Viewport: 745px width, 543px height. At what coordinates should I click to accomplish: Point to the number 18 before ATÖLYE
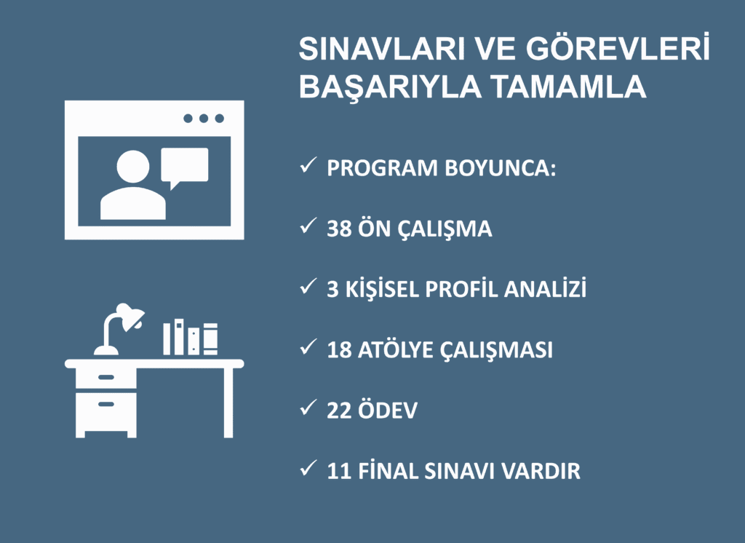click(x=339, y=350)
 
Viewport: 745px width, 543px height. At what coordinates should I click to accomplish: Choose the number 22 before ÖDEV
click(x=339, y=411)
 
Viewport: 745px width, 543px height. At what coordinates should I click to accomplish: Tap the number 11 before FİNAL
click(x=339, y=471)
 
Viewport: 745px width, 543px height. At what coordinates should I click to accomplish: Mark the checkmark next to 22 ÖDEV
click(x=306, y=409)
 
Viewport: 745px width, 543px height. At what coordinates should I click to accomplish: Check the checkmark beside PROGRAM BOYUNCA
click(x=306, y=167)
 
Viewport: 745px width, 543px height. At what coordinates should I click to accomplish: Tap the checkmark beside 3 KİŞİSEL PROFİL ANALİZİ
click(x=306, y=288)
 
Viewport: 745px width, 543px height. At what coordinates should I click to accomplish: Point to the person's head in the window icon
click(x=132, y=167)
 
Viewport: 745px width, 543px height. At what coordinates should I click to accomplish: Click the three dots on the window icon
click(x=203, y=119)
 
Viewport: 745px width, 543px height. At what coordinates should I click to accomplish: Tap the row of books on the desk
click(x=190, y=338)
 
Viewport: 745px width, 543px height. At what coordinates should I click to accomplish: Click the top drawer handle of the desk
click(x=106, y=377)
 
